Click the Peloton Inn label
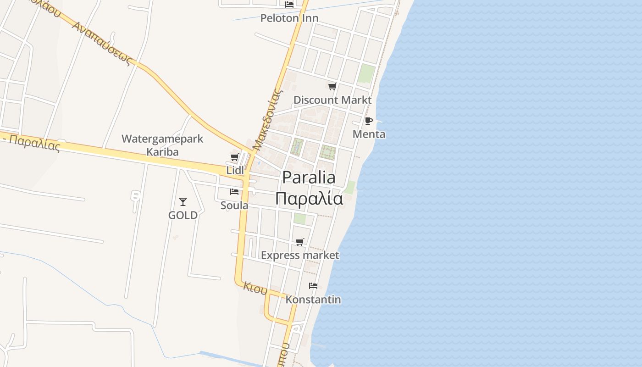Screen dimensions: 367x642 coord(289,18)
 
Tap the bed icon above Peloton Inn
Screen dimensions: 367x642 coord(289,4)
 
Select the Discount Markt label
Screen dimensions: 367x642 coord(332,100)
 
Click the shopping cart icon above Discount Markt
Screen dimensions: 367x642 coord(332,86)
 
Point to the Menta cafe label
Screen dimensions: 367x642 coord(369,134)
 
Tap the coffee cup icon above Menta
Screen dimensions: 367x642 coord(368,121)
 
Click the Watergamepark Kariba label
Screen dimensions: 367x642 coord(162,145)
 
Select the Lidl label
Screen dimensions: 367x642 coord(235,170)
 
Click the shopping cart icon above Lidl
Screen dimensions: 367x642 coord(235,157)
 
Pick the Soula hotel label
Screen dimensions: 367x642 coord(234,206)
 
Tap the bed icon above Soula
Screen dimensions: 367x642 coord(234,191)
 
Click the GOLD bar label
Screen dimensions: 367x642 coord(183,215)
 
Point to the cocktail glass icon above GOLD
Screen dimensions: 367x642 coord(183,201)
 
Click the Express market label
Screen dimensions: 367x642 coord(300,256)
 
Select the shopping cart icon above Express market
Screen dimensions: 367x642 coord(300,242)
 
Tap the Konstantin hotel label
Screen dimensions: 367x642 coord(313,300)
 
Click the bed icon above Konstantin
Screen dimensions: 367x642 coord(313,285)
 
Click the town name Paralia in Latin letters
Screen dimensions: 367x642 coord(309,178)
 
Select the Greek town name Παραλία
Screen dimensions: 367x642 coord(309,199)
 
